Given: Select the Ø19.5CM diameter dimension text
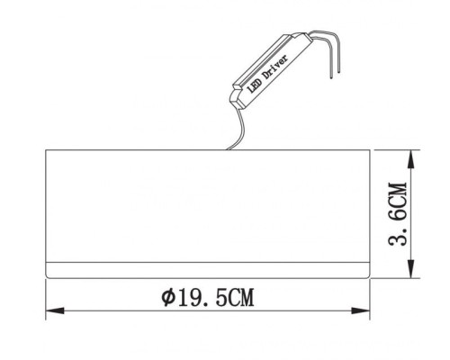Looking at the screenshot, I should (x=205, y=294).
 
